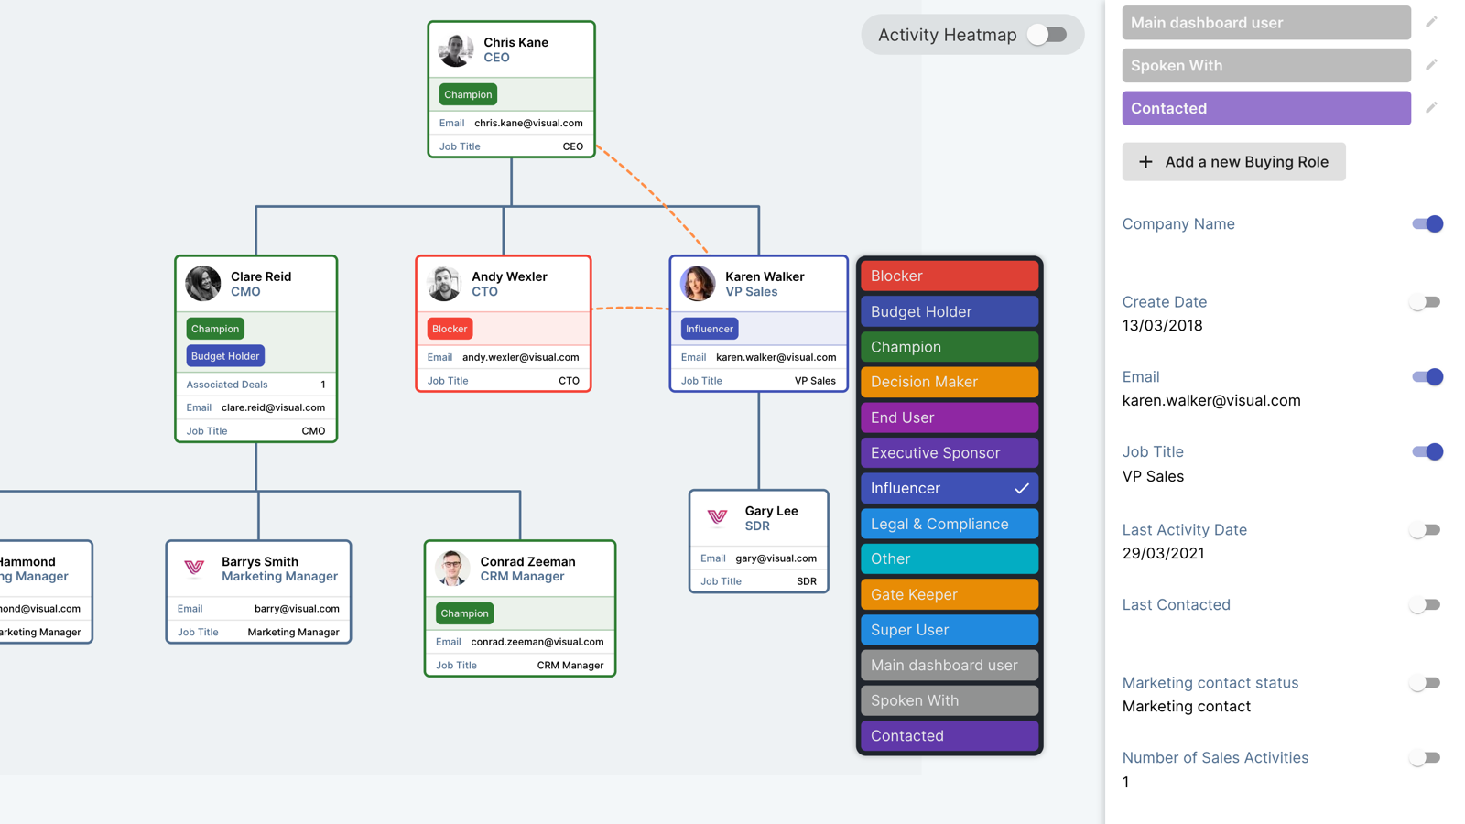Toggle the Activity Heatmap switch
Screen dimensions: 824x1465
pos(1047,35)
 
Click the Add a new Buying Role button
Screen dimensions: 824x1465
pos(1233,162)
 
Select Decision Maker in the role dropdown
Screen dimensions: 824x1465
pos(949,382)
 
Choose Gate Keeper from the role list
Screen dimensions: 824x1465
pos(949,594)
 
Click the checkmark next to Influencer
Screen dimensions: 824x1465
pos(1022,489)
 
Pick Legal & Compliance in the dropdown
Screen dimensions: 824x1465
pos(949,524)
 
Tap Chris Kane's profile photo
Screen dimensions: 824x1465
pos(455,49)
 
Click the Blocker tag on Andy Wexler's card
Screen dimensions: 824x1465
pos(450,329)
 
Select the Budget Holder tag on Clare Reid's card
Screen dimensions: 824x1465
pos(225,356)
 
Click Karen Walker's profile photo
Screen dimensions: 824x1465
pos(698,284)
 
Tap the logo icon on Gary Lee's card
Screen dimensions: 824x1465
pos(717,517)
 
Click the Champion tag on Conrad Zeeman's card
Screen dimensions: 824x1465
pos(464,613)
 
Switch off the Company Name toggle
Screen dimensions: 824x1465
pos(1427,224)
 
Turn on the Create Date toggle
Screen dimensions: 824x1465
pos(1425,302)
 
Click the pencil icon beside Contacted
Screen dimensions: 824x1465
pos(1431,108)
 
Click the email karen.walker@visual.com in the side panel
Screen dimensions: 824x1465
pos(1210,401)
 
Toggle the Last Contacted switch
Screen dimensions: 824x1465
pos(1425,605)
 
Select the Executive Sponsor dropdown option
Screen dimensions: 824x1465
pos(949,453)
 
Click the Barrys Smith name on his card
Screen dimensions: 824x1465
pos(259,561)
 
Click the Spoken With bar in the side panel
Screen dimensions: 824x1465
pos(1265,66)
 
